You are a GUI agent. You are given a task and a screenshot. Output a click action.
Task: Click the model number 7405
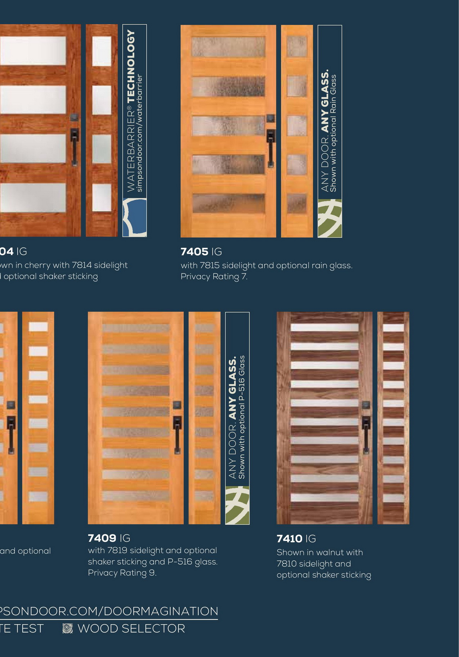194,252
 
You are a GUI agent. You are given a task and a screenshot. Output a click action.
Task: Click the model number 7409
102,538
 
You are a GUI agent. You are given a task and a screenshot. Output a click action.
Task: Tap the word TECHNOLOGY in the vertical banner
131,66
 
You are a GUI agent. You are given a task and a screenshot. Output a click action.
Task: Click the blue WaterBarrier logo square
135,218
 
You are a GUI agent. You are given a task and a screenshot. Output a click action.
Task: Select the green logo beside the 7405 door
330,218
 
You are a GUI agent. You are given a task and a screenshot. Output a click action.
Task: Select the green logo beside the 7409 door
237,505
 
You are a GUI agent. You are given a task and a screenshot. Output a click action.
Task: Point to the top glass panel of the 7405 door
228,47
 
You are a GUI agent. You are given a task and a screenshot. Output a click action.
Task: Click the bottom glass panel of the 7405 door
228,203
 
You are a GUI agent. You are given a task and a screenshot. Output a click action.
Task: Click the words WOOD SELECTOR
131,629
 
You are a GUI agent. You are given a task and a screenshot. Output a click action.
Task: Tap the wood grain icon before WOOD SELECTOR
67,629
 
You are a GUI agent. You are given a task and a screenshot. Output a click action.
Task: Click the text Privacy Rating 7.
214,277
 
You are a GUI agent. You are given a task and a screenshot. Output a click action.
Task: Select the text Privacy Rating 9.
122,573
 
